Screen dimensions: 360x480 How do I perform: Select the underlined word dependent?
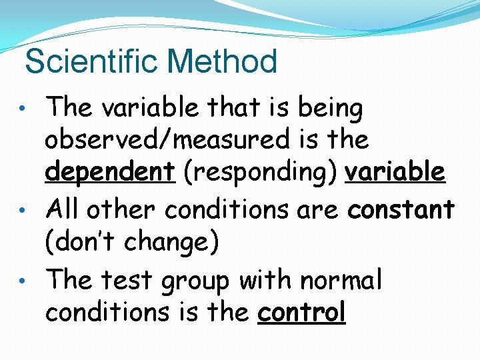click(x=109, y=173)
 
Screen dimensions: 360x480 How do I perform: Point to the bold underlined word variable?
click(x=395, y=171)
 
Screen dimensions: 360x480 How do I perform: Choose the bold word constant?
click(x=401, y=209)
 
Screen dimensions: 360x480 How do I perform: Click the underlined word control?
click(x=301, y=312)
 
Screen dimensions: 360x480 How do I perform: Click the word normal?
click(x=341, y=279)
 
